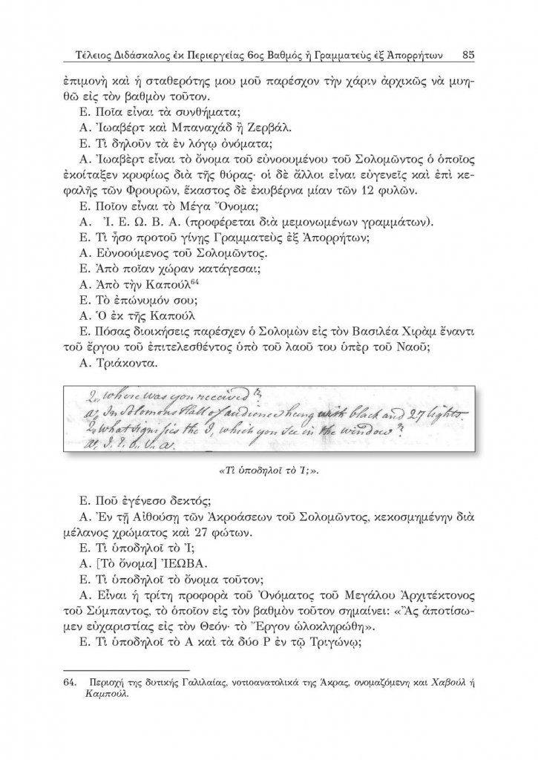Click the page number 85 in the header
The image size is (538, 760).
(469, 54)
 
